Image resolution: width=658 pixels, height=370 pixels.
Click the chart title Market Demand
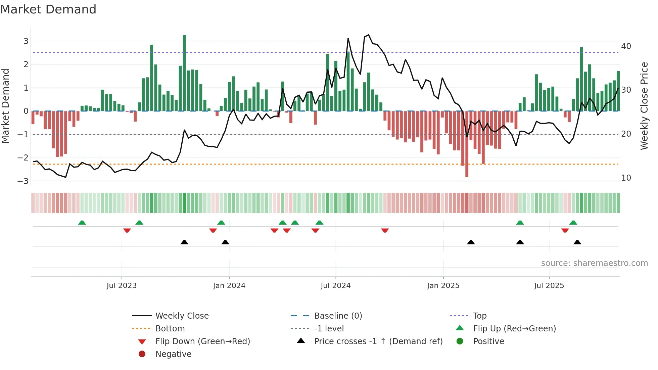(x=48, y=9)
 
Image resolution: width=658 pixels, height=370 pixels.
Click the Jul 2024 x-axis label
(x=335, y=286)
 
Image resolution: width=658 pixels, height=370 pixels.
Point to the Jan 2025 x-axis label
(x=443, y=286)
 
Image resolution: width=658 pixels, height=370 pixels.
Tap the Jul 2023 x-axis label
(x=122, y=286)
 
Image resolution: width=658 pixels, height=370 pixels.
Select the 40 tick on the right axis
(x=626, y=46)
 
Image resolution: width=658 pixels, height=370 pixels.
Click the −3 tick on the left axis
(x=23, y=181)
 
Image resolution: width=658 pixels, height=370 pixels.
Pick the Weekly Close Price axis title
(x=644, y=106)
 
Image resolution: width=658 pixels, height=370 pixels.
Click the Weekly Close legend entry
(x=182, y=316)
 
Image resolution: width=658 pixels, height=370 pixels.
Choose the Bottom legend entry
(x=170, y=329)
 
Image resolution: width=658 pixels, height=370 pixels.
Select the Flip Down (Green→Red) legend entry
(x=202, y=341)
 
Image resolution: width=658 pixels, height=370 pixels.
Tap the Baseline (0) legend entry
(x=338, y=316)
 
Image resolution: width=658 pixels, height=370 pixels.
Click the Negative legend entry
(x=173, y=354)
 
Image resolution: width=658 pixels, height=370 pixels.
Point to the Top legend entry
(x=480, y=316)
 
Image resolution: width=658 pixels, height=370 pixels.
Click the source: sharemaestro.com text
(x=594, y=263)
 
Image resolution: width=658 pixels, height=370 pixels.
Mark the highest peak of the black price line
(x=369, y=35)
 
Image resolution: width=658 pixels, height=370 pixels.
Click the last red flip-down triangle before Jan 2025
(x=385, y=230)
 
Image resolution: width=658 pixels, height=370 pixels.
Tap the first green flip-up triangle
(x=82, y=223)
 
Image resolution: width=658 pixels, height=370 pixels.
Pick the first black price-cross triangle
(x=184, y=242)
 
